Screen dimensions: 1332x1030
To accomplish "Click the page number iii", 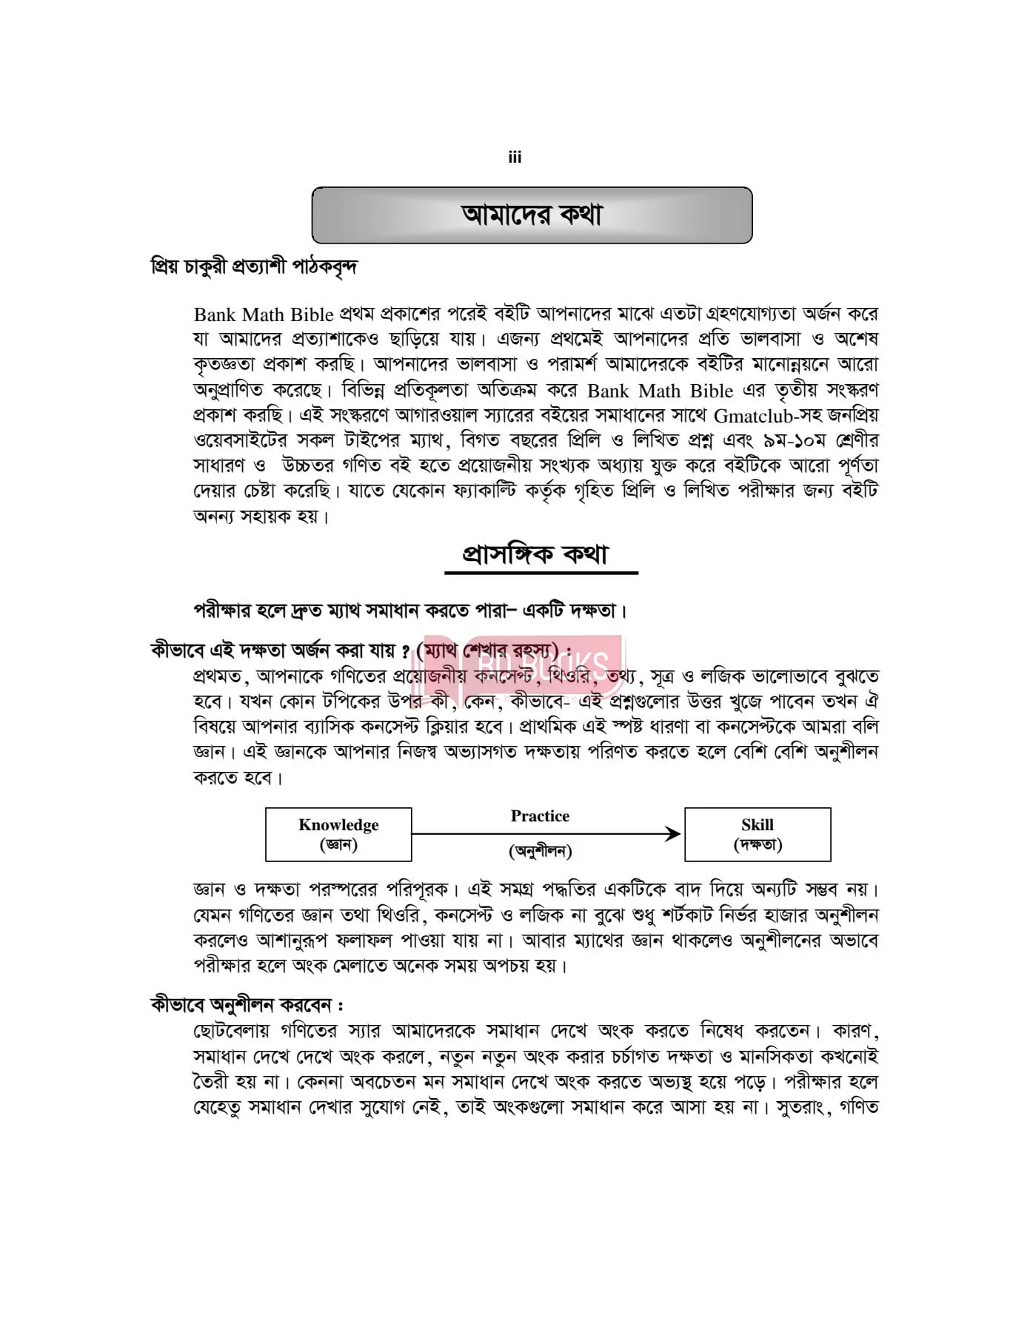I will point(515,157).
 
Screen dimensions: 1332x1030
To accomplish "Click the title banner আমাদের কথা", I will point(532,215).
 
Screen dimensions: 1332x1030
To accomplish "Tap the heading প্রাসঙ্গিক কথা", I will point(535,554).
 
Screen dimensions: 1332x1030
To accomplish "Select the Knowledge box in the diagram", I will point(338,834).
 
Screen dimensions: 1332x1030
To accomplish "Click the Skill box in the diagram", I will point(757,834).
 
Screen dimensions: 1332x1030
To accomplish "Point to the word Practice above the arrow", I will point(540,816).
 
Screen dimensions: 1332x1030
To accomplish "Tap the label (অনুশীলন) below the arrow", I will point(540,851).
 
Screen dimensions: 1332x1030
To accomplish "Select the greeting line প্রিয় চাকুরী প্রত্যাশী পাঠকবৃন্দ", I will point(253,266).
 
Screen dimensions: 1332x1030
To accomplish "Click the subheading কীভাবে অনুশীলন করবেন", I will point(246,1005).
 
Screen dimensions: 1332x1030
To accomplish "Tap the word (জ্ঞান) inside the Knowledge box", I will point(338,844).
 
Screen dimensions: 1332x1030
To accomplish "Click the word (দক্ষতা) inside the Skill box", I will point(758,844).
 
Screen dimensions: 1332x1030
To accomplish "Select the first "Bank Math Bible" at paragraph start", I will point(264,314).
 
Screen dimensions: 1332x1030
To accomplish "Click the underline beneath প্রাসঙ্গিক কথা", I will point(541,573).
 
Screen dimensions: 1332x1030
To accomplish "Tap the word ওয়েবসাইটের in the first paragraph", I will point(240,440).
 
